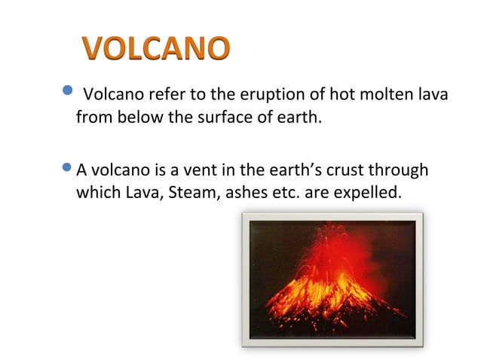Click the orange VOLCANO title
click(155, 47)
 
